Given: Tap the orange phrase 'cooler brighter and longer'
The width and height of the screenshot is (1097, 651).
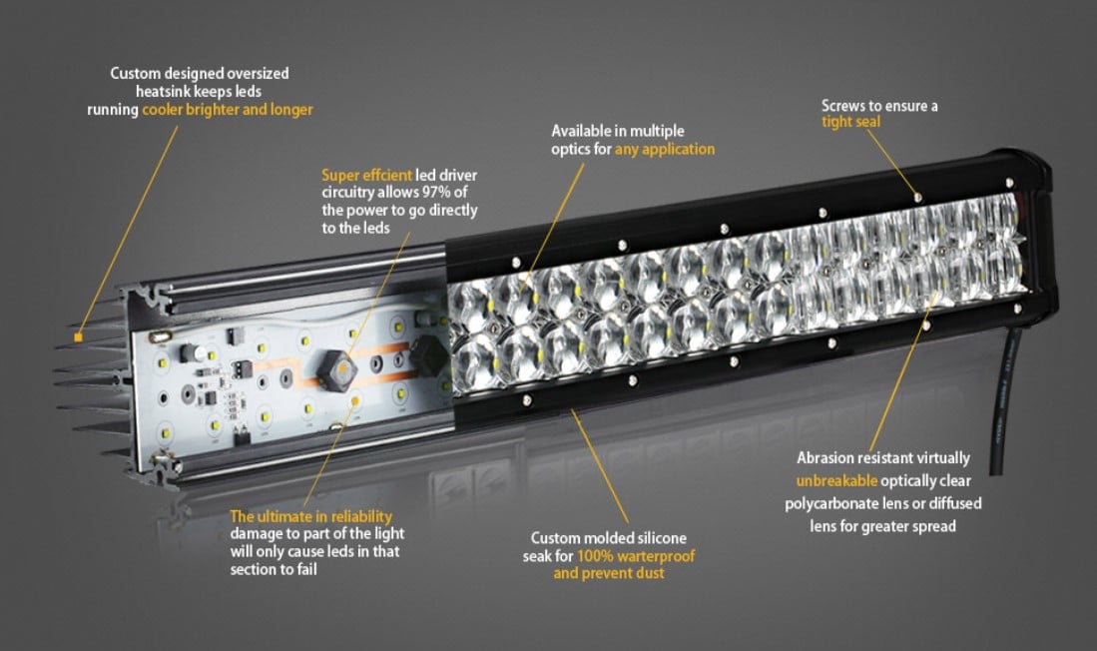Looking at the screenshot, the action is (x=228, y=109).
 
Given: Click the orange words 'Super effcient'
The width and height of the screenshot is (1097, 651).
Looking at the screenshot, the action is (x=366, y=175).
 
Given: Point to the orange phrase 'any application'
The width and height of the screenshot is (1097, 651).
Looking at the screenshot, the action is (x=665, y=149).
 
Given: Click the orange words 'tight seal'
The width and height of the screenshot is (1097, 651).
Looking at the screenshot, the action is (x=850, y=122).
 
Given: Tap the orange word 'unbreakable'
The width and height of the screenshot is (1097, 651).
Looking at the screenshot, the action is (x=836, y=481).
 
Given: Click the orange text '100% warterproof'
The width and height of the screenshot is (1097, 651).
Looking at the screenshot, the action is (x=636, y=556).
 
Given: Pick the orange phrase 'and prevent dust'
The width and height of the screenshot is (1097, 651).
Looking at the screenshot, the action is (x=609, y=573).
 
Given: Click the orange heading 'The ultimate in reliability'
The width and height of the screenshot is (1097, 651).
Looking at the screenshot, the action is (x=310, y=516).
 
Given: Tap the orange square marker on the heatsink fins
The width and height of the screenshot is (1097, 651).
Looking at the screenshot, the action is (x=78, y=337).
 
